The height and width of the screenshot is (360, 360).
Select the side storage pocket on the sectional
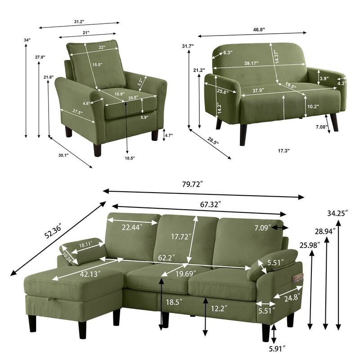pos(298,279)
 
